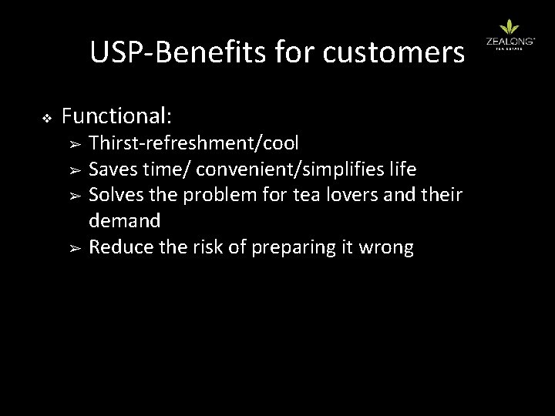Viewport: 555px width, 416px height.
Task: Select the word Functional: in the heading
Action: [117, 116]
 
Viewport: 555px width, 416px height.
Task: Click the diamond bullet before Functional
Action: [45, 118]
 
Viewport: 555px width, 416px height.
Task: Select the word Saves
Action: [112, 169]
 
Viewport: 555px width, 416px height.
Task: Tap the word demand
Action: [125, 221]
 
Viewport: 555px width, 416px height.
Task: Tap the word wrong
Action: [389, 247]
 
